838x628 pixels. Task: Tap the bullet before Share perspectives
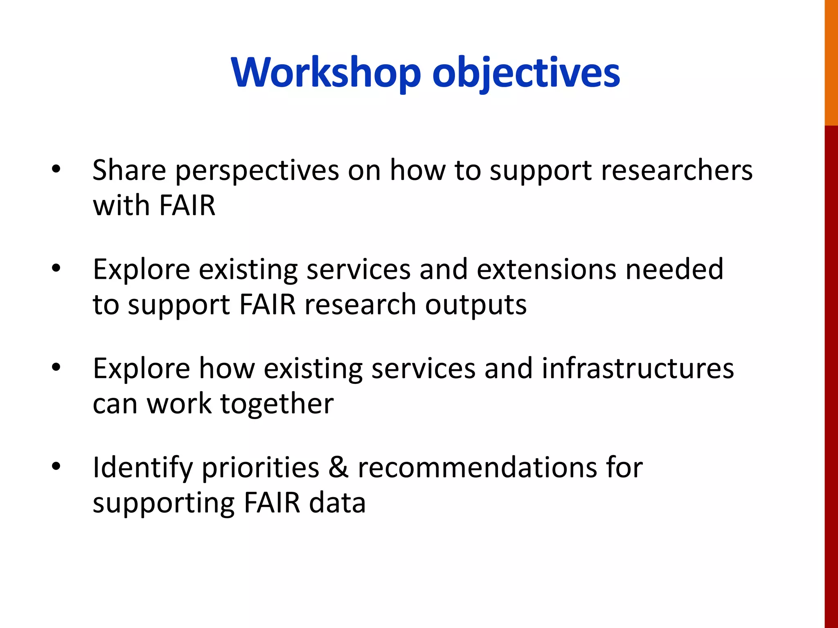(x=56, y=169)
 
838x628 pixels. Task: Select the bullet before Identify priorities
(x=56, y=466)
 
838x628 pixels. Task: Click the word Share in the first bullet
(x=129, y=170)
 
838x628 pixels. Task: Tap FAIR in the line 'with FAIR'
(x=187, y=205)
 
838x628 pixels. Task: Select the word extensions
(x=546, y=269)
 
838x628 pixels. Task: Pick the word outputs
(x=475, y=305)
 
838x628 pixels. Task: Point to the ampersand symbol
(x=338, y=467)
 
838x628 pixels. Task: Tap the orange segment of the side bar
(x=831, y=61)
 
